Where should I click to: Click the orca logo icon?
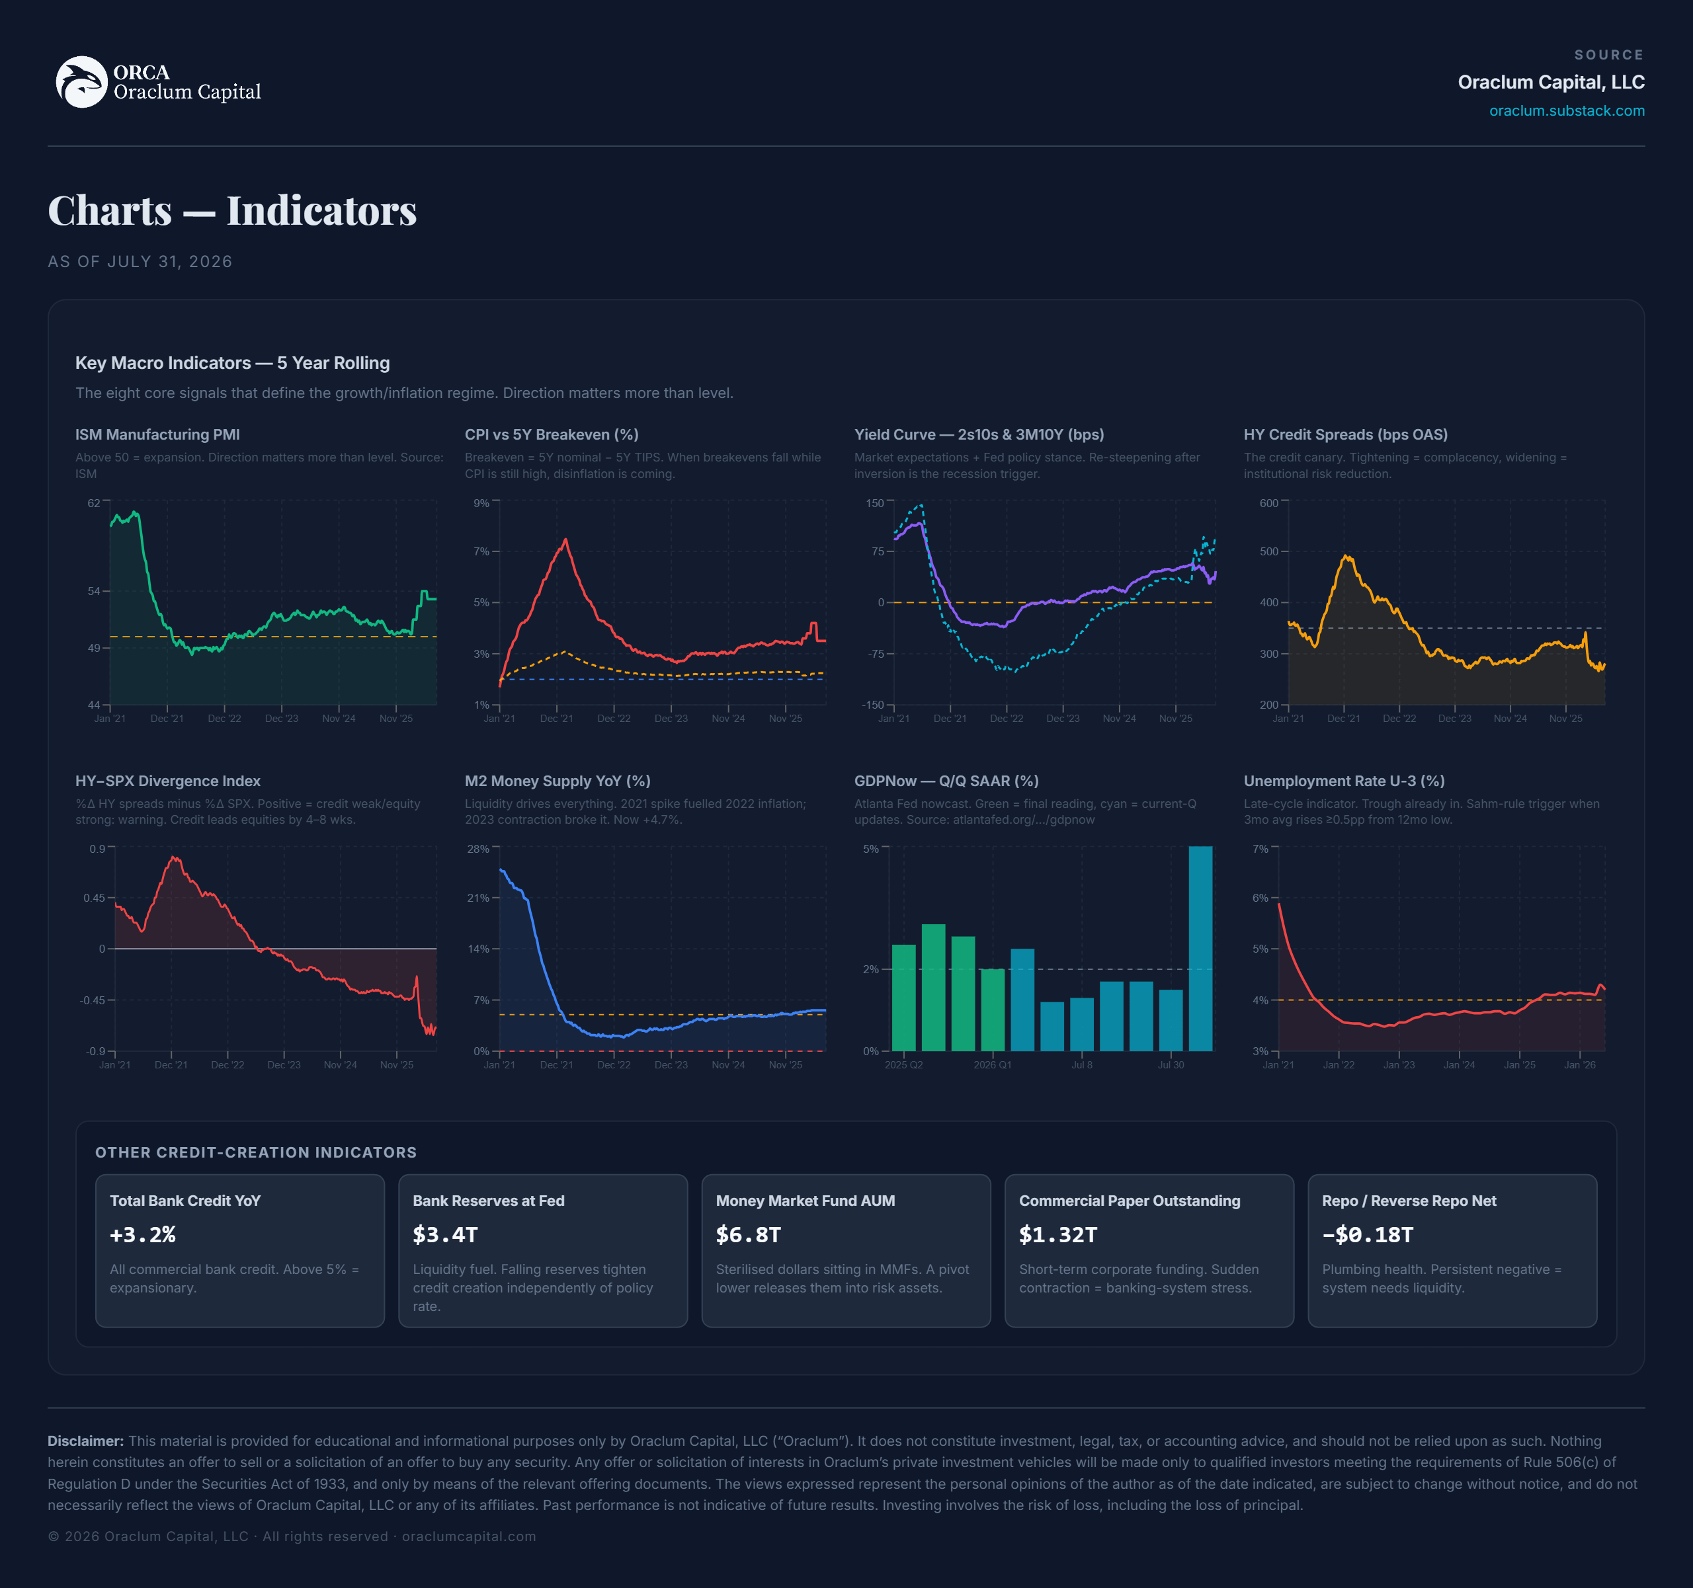82,82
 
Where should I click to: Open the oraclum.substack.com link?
1566,110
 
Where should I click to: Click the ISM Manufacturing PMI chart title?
157,434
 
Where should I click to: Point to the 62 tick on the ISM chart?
94,503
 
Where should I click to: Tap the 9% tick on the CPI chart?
482,503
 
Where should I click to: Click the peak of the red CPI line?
565,539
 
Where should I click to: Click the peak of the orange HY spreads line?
1346,557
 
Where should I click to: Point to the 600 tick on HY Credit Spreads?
1269,503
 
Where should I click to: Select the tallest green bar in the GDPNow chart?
933,988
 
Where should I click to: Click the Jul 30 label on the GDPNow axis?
1171,1065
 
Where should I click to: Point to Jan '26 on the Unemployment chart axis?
1580,1065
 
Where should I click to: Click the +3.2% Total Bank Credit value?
143,1235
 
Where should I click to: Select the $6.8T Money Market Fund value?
749,1235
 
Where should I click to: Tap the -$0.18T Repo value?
1368,1235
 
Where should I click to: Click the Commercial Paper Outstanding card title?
1130,1201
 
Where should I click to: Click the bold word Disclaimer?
86,1441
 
